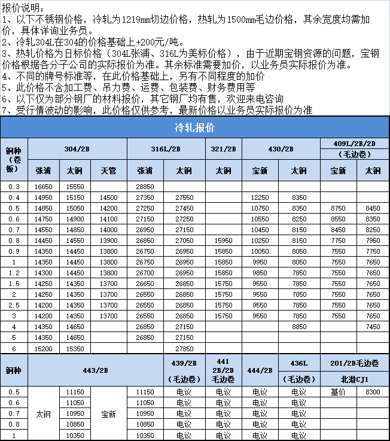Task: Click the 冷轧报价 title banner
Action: coord(195,127)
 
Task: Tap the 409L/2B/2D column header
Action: coord(355,144)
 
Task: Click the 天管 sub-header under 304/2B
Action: coord(109,170)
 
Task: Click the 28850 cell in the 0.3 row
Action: coord(145,187)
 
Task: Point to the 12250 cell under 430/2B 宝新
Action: coord(260,197)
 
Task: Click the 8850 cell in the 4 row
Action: coord(299,327)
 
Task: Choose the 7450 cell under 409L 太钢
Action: coord(373,327)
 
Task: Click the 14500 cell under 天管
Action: coord(109,197)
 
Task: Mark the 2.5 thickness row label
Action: coord(14,305)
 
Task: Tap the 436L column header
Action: coord(299,363)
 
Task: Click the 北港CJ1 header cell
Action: coord(355,378)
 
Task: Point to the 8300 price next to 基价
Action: coord(373,392)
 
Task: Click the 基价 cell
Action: coord(339,392)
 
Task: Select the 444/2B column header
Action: coord(260,370)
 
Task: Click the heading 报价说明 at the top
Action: coord(23,7)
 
